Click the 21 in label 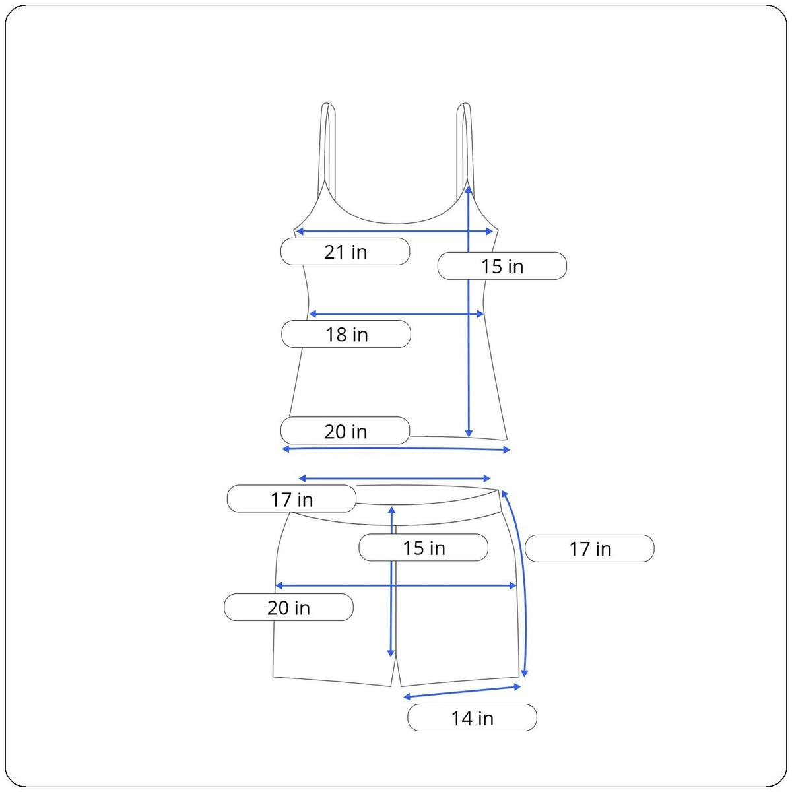click(345, 251)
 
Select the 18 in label click(346, 334)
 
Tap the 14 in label click(472, 717)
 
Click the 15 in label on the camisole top click(502, 266)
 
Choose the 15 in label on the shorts click(423, 547)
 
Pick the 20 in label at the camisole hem click(345, 431)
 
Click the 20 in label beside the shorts click(288, 607)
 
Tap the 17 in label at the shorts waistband click(292, 499)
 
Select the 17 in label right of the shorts click(589, 548)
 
